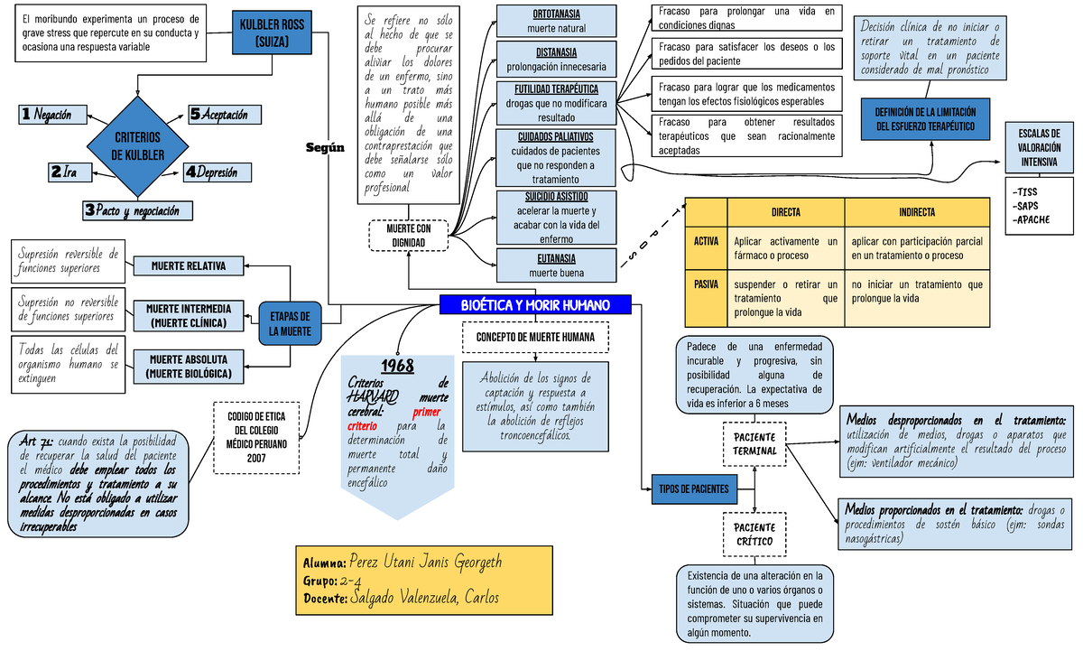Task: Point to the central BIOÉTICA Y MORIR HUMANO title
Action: click(x=535, y=305)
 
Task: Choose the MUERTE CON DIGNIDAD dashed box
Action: click(x=408, y=235)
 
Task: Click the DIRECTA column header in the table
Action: click(x=784, y=211)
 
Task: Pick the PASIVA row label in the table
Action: click(x=706, y=284)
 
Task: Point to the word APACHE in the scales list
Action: click(x=1034, y=219)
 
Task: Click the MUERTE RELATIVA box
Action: click(x=189, y=265)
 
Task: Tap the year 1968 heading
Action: click(x=397, y=366)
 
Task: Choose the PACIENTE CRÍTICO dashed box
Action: click(x=754, y=534)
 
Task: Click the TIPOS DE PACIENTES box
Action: click(x=693, y=489)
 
